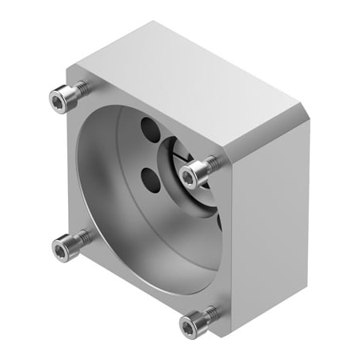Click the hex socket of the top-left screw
pos(58,98)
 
